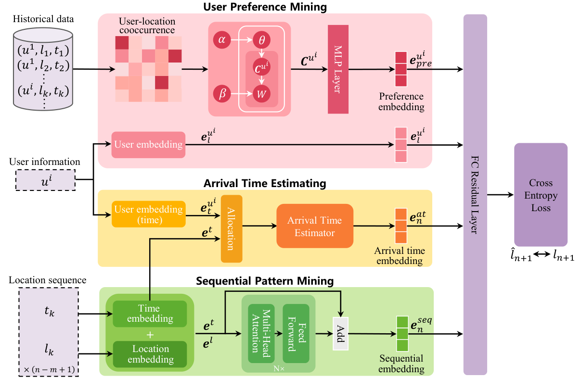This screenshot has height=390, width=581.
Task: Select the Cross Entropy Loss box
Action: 541,195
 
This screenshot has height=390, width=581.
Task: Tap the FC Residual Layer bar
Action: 475,194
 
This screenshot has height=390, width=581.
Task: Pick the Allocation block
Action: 232,229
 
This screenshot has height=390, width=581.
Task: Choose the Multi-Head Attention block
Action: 261,333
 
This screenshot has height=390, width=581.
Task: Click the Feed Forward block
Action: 295,333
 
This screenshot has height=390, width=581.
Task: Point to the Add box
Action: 340,334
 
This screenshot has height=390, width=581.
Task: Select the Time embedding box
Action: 149,314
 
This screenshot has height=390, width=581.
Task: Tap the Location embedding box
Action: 149,354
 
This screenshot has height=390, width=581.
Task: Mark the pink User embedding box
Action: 148,144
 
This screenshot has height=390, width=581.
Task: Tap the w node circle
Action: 262,94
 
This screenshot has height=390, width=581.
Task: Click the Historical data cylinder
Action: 44,67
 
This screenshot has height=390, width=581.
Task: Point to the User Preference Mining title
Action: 265,7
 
